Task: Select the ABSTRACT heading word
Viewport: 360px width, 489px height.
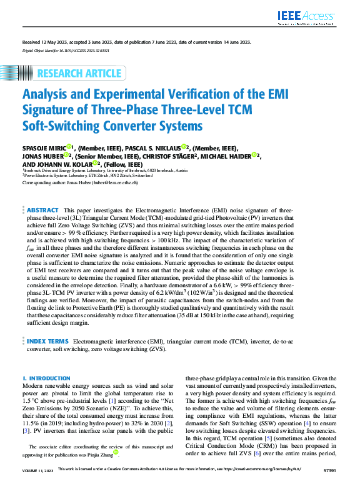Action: click(43, 210)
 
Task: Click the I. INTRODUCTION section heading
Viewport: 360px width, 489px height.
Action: click(46, 378)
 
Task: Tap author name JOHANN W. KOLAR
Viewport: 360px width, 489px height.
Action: click(60, 164)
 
